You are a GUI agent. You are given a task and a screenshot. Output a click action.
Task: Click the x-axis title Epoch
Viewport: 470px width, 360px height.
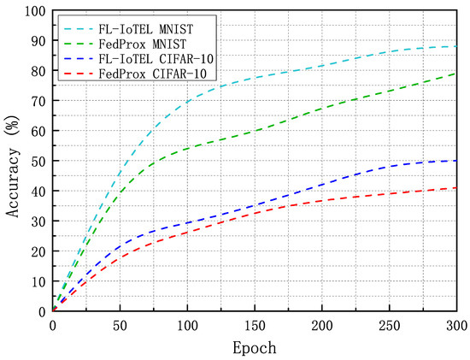(x=255, y=349)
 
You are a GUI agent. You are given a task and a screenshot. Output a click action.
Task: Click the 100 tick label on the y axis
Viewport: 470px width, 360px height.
(x=34, y=11)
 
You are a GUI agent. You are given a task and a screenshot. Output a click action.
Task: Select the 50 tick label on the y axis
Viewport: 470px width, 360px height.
(x=38, y=162)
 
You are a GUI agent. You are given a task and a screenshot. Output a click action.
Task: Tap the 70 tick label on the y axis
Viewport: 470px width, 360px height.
(x=38, y=101)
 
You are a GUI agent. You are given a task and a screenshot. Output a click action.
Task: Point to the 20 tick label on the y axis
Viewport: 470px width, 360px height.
(x=38, y=251)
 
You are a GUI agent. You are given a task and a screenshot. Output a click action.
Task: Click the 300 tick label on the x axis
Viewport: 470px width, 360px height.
(x=456, y=326)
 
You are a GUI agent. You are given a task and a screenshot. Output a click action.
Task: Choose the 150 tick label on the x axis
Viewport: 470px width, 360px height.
(x=255, y=326)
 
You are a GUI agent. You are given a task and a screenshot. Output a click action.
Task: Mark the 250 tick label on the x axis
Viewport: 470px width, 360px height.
(x=389, y=326)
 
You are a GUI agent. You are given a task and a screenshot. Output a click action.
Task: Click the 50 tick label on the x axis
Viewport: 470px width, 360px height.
(x=120, y=326)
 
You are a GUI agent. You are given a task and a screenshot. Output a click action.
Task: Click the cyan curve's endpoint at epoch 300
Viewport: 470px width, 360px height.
(x=456, y=46)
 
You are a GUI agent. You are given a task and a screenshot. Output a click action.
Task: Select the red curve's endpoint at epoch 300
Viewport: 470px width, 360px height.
(x=456, y=188)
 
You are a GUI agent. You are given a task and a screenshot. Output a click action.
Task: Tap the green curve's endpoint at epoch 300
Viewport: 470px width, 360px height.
(x=456, y=74)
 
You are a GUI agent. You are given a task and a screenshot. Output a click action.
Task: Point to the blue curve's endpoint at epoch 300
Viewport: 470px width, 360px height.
(x=456, y=161)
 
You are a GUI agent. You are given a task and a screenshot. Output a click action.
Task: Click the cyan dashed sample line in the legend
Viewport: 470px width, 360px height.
(x=75, y=28)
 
